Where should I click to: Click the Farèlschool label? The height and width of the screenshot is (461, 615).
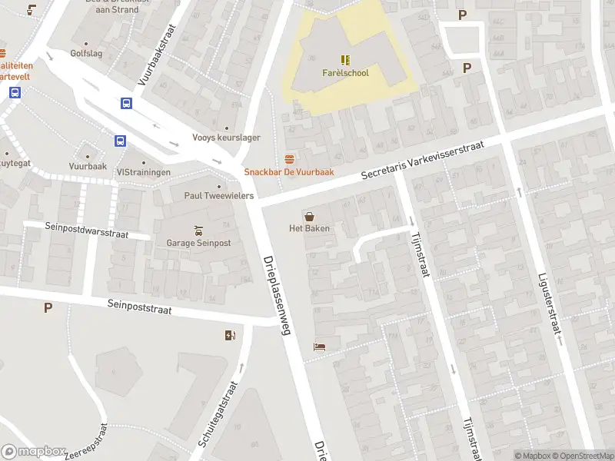pyautogui.click(x=344, y=74)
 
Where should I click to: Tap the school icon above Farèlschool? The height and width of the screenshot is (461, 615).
pyautogui.click(x=345, y=59)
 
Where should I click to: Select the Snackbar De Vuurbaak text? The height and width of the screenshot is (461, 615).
pyautogui.click(x=289, y=172)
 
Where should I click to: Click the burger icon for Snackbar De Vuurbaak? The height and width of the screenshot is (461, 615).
pyautogui.click(x=289, y=158)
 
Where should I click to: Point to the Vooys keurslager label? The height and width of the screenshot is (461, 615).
pyautogui.click(x=227, y=138)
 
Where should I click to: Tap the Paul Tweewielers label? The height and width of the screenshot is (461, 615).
pyautogui.click(x=218, y=195)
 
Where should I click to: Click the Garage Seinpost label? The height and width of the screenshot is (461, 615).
pyautogui.click(x=198, y=243)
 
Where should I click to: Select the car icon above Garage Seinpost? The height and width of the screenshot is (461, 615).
pyautogui.click(x=198, y=230)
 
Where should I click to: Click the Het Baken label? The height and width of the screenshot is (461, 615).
pyautogui.click(x=309, y=228)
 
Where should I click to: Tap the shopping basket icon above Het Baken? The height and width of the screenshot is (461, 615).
pyautogui.click(x=309, y=216)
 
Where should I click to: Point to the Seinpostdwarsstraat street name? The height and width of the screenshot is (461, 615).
pyautogui.click(x=87, y=230)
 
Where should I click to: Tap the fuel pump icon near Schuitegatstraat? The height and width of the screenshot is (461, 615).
pyautogui.click(x=229, y=335)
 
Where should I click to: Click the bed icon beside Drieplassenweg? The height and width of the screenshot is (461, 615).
pyautogui.click(x=319, y=347)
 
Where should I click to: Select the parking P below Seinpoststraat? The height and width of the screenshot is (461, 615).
pyautogui.click(x=48, y=308)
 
